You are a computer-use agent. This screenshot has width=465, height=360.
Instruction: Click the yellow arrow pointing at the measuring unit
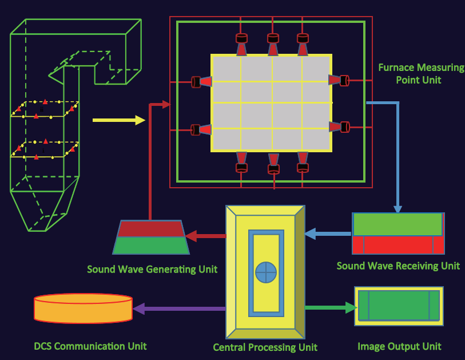pyautogui.click(x=118, y=120)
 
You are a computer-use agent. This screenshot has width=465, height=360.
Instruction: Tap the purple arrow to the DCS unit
pyautogui.click(x=179, y=308)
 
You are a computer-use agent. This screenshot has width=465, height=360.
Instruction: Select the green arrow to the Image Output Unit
pyautogui.click(x=331, y=308)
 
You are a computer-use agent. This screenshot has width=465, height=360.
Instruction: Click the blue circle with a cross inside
pyautogui.click(x=266, y=272)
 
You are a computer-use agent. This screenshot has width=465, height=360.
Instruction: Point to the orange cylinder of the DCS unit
pyautogui.click(x=83, y=308)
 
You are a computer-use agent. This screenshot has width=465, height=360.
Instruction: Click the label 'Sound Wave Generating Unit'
pyautogui.click(x=152, y=270)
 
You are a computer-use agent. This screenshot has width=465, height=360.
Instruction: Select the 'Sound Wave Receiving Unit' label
pyautogui.click(x=398, y=266)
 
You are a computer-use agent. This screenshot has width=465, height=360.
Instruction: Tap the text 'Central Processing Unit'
pyautogui.click(x=265, y=347)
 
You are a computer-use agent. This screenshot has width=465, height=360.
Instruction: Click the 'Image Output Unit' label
pyautogui.click(x=399, y=346)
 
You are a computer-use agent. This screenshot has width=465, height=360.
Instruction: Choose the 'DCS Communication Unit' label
pyautogui.click(x=90, y=346)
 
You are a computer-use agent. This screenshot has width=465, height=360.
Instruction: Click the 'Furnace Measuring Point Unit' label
pyautogui.click(x=421, y=74)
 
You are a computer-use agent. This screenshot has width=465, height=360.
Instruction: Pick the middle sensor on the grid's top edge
pyautogui.click(x=273, y=45)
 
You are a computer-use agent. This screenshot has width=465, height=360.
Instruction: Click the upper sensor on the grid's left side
pyautogui.click(x=202, y=82)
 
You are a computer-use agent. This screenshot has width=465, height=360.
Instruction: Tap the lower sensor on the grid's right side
pyautogui.click(x=339, y=126)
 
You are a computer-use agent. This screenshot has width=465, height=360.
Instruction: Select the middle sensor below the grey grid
pyautogui.click(x=273, y=164)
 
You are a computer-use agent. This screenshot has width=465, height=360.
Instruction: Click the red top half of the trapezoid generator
pyautogui.click(x=151, y=228)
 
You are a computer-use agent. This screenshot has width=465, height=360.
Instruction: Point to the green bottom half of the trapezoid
pyautogui.click(x=151, y=246)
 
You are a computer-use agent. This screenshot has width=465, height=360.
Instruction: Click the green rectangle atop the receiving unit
pyautogui.click(x=398, y=224)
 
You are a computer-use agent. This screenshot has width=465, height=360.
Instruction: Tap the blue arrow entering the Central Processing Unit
pyautogui.click(x=328, y=234)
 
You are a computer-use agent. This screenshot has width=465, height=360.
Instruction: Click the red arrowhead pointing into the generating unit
pyautogui.click(x=191, y=236)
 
